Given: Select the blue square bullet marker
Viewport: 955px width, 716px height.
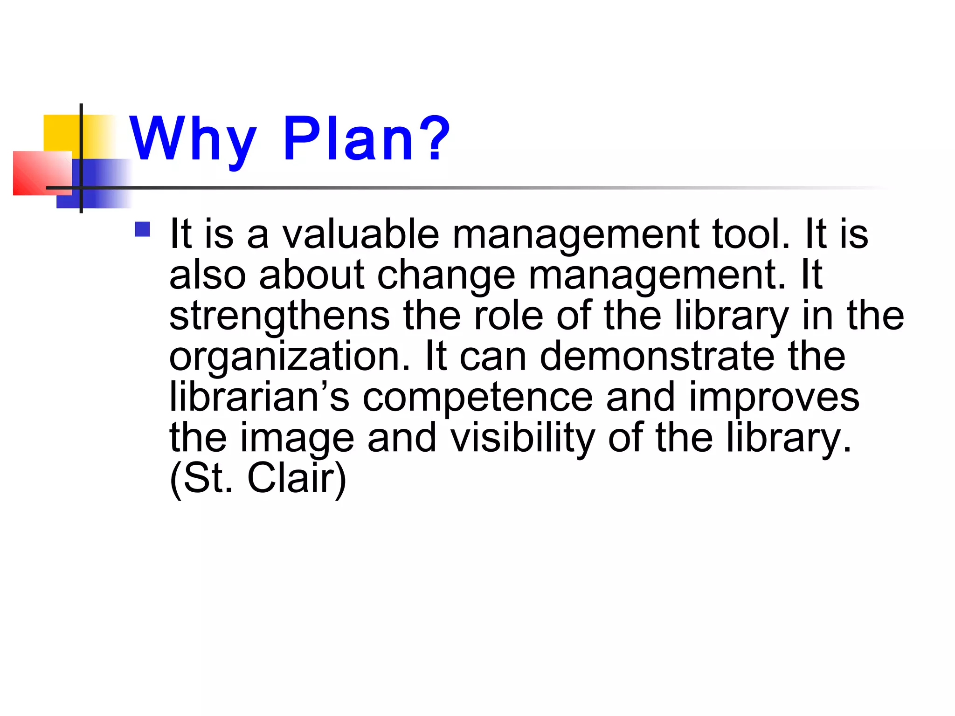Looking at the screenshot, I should (x=142, y=229).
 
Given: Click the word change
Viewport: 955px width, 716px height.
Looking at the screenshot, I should (x=446, y=276).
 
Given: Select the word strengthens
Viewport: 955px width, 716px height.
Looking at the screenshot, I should (x=279, y=316).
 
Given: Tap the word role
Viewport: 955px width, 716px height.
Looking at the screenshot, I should (x=508, y=316).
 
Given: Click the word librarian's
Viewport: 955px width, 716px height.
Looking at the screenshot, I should (x=259, y=397).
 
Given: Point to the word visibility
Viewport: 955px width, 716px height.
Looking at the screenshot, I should (x=522, y=438).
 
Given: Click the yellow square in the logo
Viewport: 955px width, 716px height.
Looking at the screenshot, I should (x=61, y=133).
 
